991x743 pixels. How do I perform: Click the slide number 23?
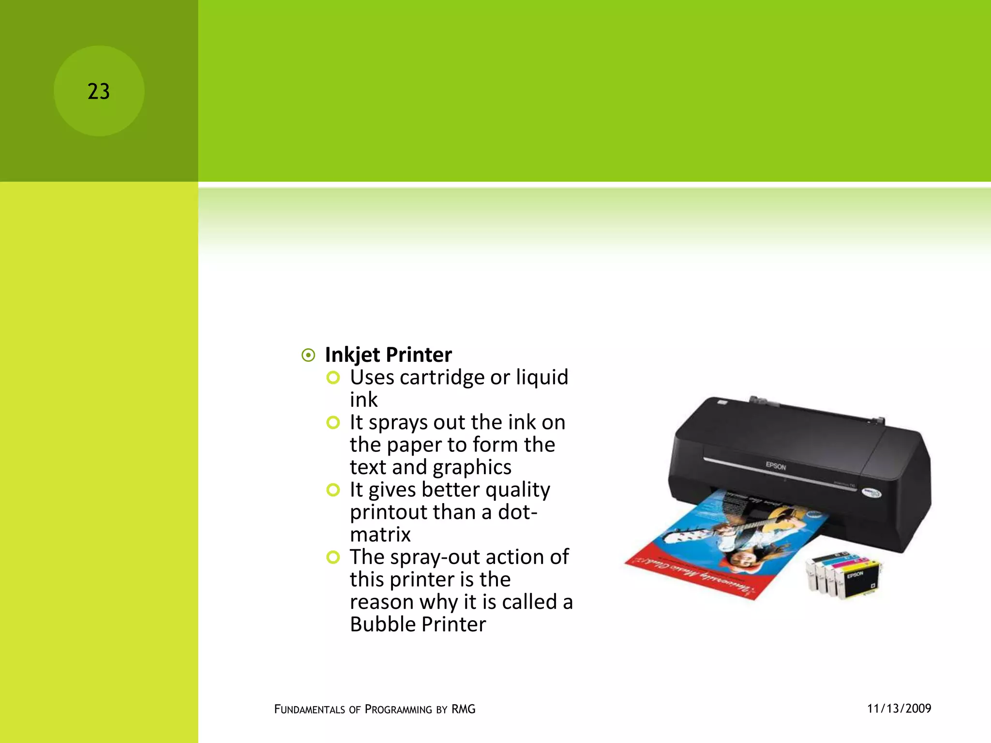pyautogui.click(x=99, y=91)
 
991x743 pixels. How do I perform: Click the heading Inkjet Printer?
pyautogui.click(x=388, y=355)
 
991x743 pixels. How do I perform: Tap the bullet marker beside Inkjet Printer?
pyautogui.click(x=308, y=356)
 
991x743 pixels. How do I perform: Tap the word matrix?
pyautogui.click(x=380, y=535)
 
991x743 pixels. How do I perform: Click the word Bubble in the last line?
pyautogui.click(x=382, y=624)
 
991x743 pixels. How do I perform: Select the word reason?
pyautogui.click(x=381, y=602)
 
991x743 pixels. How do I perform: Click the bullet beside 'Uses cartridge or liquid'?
pyautogui.click(x=333, y=378)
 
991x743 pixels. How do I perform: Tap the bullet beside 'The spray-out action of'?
pyautogui.click(x=333, y=557)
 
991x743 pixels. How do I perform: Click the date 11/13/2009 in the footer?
pyautogui.click(x=899, y=709)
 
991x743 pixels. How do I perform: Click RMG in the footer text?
pyautogui.click(x=463, y=709)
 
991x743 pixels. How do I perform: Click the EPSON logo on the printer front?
pyautogui.click(x=776, y=466)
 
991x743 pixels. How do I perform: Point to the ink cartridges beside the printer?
pyautogui.click(x=842, y=574)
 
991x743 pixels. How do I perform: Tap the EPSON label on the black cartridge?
pyautogui.click(x=855, y=575)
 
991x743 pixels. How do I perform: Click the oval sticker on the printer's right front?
pyautogui.click(x=871, y=493)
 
